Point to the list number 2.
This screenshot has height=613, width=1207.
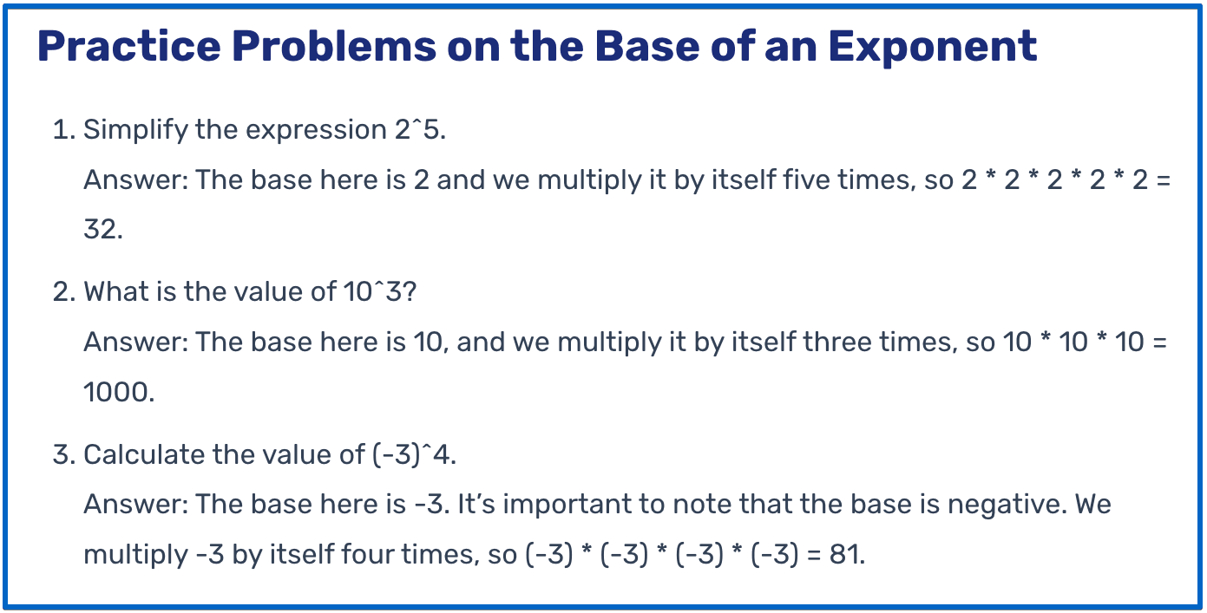[62, 292]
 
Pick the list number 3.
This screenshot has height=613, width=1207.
[62, 454]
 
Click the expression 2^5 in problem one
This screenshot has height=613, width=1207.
[413, 130]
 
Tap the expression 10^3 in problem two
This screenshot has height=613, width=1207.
[373, 292]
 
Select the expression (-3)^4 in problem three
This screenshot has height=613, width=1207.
[413, 454]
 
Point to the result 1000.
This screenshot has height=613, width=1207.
[115, 393]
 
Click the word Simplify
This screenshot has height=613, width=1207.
[135, 130]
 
